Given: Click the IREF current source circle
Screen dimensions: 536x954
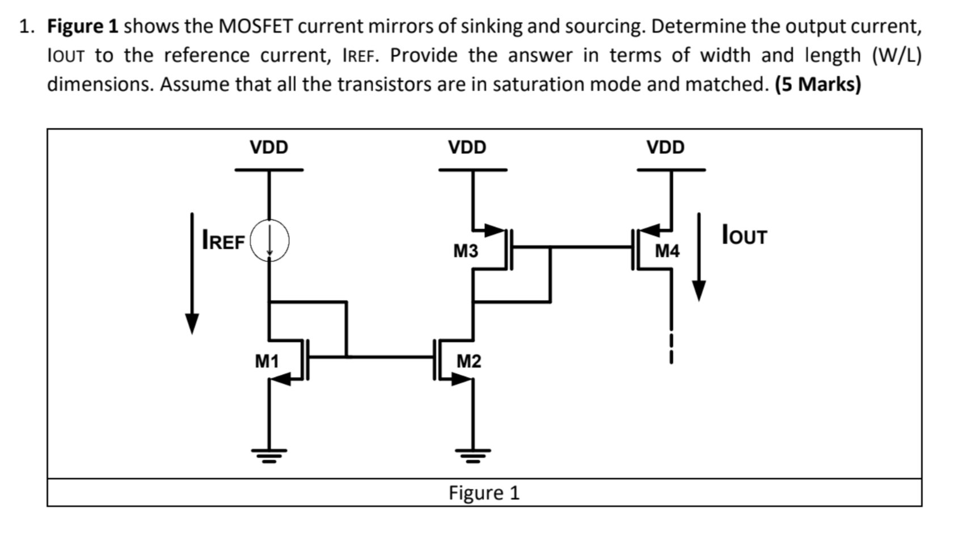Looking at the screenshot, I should coord(269,241).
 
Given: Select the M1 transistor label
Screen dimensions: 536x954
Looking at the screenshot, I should coord(267,361).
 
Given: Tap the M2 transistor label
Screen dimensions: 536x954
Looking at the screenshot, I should coord(468,361).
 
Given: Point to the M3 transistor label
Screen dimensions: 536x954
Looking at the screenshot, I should coord(465,251).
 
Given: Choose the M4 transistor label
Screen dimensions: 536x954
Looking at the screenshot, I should coord(667,251).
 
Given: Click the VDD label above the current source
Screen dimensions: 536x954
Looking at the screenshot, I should coord(269,148).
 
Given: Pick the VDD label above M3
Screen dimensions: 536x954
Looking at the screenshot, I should coord(467,148).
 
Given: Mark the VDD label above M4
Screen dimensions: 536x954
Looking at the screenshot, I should coord(665,148).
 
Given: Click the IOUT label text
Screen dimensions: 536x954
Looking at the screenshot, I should coord(744,235).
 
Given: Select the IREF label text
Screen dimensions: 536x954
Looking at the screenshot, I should coord(223,241).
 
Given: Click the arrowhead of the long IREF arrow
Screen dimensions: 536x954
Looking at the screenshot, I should coord(192,324).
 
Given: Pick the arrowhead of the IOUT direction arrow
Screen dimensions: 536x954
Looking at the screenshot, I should coord(699,291).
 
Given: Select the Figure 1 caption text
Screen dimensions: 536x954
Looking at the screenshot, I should coord(484,493).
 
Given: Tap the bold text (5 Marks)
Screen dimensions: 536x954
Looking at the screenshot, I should coord(818,85).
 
